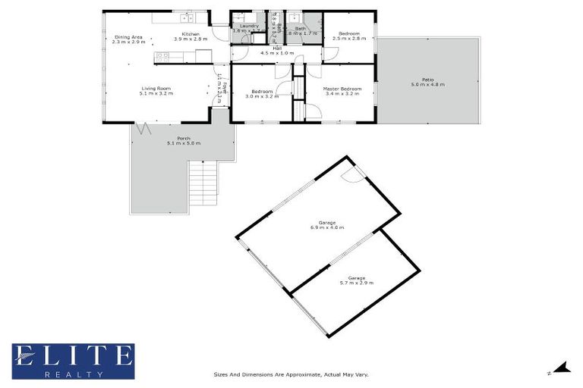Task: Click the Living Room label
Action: (x=156, y=88)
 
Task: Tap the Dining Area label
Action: (x=128, y=36)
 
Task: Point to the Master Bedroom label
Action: (x=342, y=89)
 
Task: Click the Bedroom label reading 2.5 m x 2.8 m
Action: (x=349, y=33)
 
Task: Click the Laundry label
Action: (x=249, y=27)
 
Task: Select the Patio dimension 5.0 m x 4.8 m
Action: (x=428, y=83)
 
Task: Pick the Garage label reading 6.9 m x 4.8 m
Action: (x=327, y=223)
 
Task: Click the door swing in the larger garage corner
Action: (x=350, y=175)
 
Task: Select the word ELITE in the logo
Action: (x=72, y=355)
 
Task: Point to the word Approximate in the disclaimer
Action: (x=298, y=374)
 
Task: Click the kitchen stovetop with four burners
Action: (x=161, y=55)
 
